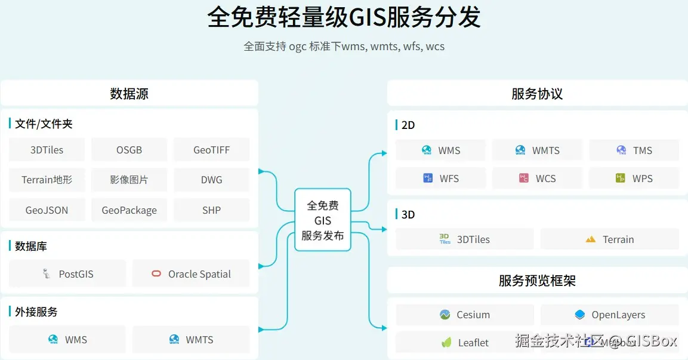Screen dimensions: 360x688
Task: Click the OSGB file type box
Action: [x=129, y=150]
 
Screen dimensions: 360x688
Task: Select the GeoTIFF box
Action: [x=211, y=150]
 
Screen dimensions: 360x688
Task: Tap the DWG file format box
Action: [x=211, y=180]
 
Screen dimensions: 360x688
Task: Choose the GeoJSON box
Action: [x=47, y=210]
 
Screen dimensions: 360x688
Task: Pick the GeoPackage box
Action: [x=129, y=210]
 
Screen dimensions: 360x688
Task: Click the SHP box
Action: [x=211, y=210]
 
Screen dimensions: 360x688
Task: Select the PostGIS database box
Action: [x=68, y=274]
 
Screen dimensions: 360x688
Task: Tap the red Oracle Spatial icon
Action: [x=156, y=274]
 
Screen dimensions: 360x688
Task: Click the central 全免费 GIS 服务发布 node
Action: [x=323, y=220]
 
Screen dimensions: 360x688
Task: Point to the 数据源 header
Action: [x=129, y=94]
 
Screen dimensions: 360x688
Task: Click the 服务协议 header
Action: [x=537, y=94]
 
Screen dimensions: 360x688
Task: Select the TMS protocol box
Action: [x=634, y=150]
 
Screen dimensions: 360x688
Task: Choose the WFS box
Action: [x=440, y=179]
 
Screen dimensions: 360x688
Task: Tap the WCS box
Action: [x=537, y=179]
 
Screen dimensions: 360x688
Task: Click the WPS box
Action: [x=634, y=179]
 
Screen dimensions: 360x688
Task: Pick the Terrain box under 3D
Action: [x=609, y=239]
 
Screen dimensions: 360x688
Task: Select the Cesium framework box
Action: [x=465, y=315]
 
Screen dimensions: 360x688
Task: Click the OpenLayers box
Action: [x=609, y=315]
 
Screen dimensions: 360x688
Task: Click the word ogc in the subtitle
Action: [x=297, y=47]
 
